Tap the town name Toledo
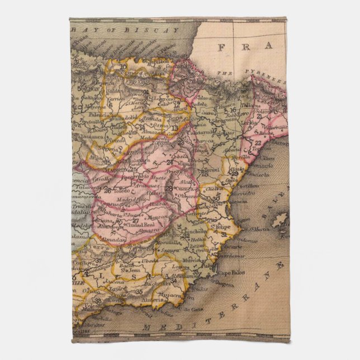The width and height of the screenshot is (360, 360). point(122,191)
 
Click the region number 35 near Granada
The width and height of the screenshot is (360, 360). point(139,292)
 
